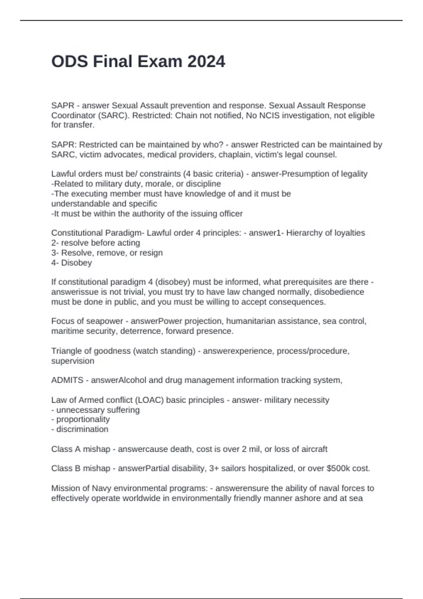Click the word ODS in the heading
pos(69,62)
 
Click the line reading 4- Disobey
pos(72,263)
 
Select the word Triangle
pos(66,351)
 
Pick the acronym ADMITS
pos(67,380)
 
